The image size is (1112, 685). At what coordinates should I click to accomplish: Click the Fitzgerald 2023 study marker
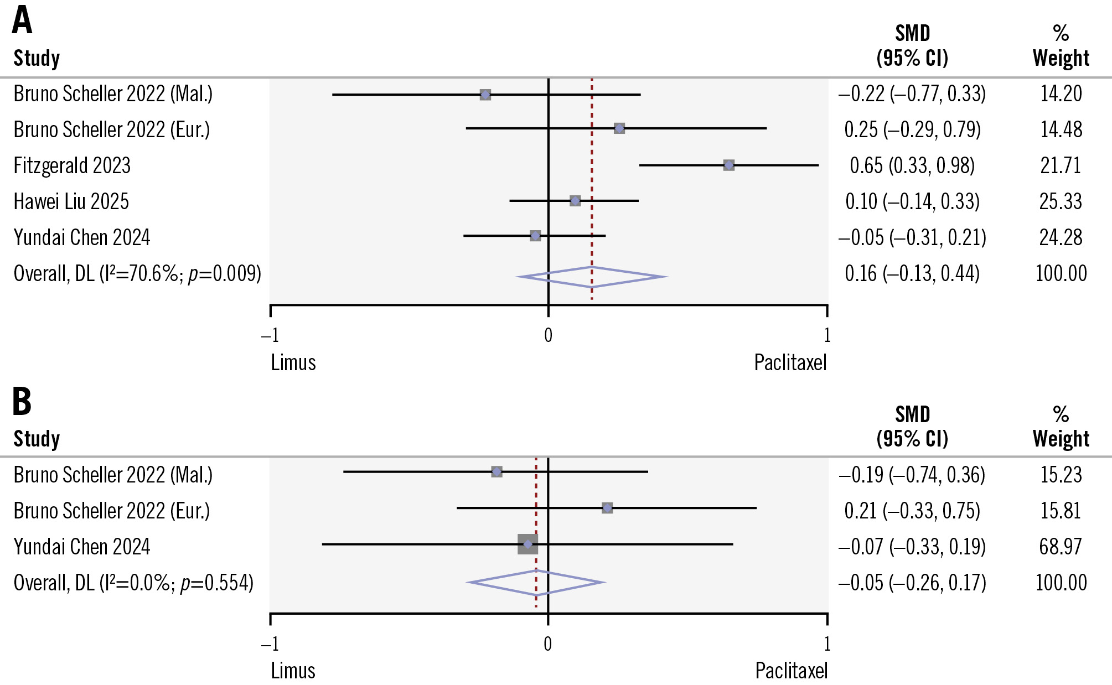point(728,165)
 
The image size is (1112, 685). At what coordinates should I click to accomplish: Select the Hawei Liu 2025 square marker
point(575,201)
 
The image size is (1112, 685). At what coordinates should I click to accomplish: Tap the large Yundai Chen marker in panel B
point(527,544)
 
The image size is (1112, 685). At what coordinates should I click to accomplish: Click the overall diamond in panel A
point(592,277)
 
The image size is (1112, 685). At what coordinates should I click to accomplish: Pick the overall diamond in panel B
point(536,583)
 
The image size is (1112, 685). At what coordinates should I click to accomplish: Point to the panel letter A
point(22,21)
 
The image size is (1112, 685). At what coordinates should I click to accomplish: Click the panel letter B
point(22,402)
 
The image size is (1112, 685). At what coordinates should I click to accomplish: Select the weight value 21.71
point(1060,165)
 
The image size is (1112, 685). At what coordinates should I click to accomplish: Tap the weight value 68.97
point(1060,547)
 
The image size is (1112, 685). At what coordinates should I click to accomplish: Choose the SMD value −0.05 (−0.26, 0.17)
point(912,583)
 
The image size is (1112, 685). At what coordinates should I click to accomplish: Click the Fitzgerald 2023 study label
point(72,165)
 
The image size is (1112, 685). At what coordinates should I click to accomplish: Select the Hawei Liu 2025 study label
point(71,201)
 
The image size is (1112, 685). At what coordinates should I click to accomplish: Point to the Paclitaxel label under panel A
point(790,363)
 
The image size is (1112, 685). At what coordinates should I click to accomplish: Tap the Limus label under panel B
point(293,671)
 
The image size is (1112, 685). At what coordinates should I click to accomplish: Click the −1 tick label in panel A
point(270,335)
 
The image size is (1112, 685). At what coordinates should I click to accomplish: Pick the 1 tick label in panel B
point(827,644)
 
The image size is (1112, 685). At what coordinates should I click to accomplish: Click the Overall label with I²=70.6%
point(137,273)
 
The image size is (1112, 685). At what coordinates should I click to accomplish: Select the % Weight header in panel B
point(1060,427)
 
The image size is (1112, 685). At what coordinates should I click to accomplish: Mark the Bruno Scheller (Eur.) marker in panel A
point(619,129)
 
